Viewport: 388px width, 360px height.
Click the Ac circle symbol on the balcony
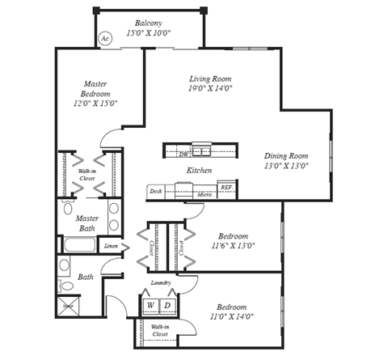click(x=105, y=38)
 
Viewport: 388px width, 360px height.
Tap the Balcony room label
click(x=149, y=23)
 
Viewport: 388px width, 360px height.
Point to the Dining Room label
click(x=286, y=155)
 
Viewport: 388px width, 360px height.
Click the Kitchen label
click(x=199, y=171)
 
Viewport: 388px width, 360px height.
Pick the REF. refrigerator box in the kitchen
click(x=226, y=188)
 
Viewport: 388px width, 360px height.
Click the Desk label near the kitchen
click(x=156, y=193)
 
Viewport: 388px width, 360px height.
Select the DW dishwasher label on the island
click(x=183, y=152)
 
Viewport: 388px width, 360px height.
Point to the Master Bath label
click(x=86, y=224)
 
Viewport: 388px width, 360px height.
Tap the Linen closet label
click(x=111, y=246)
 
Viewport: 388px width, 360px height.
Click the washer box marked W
click(x=150, y=305)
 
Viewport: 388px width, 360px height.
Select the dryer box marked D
click(x=167, y=305)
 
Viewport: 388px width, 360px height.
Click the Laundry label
click(x=160, y=282)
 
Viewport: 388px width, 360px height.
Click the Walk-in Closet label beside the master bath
click(x=86, y=175)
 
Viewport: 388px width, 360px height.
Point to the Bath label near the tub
click(x=86, y=277)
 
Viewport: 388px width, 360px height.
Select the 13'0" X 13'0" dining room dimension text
click(x=286, y=166)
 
